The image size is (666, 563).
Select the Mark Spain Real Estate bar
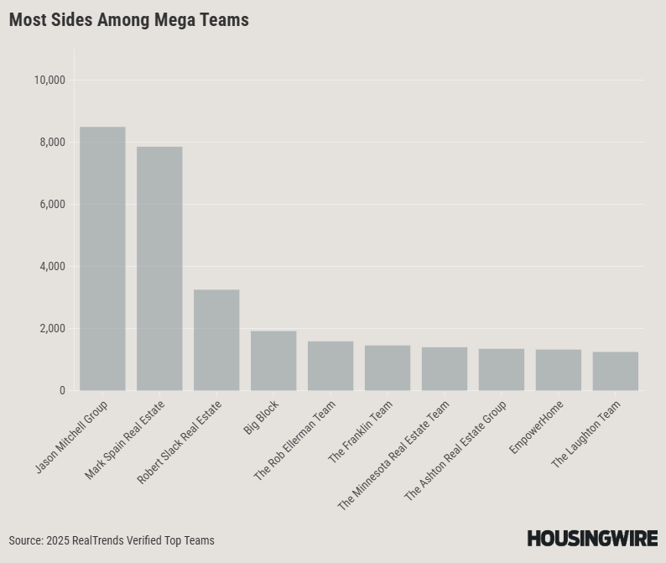(x=159, y=268)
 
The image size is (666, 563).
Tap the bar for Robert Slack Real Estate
(x=216, y=340)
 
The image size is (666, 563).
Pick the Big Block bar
(x=273, y=361)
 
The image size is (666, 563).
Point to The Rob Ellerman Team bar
(x=330, y=366)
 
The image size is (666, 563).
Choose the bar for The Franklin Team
(x=388, y=368)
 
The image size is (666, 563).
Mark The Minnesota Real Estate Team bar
(x=445, y=369)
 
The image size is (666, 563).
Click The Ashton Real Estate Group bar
(x=502, y=370)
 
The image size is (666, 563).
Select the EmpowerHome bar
(x=559, y=370)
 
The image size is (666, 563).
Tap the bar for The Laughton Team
(x=616, y=372)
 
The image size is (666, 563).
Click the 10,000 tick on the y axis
(x=49, y=81)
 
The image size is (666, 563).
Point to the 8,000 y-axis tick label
(x=52, y=143)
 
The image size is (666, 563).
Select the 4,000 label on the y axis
(x=52, y=267)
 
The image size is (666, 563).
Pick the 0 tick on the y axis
(x=62, y=391)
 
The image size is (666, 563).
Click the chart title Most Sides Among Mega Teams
(x=129, y=20)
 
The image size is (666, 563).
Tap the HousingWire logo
(x=592, y=539)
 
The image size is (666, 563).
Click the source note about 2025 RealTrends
(x=112, y=540)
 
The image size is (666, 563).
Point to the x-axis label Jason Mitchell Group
(x=72, y=436)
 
